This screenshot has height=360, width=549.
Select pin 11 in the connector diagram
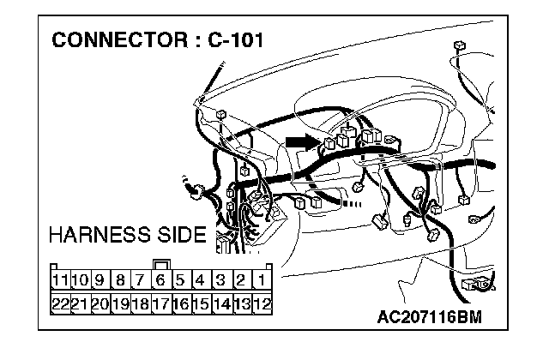pos(60,279)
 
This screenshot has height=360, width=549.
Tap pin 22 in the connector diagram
pos(60,303)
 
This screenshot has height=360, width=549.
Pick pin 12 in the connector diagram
pos(262,303)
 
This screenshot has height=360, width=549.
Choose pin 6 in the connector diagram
pos(160,279)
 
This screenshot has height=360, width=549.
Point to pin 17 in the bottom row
pos(160,303)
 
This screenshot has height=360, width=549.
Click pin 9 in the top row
pos(100,279)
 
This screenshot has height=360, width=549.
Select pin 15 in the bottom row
pos(201,303)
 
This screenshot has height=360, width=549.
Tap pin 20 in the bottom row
pos(100,303)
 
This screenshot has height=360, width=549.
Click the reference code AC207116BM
pos(429,316)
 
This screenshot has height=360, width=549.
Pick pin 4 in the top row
pos(201,279)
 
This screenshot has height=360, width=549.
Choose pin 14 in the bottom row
pos(221,303)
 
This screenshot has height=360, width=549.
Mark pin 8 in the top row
pos(120,279)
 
